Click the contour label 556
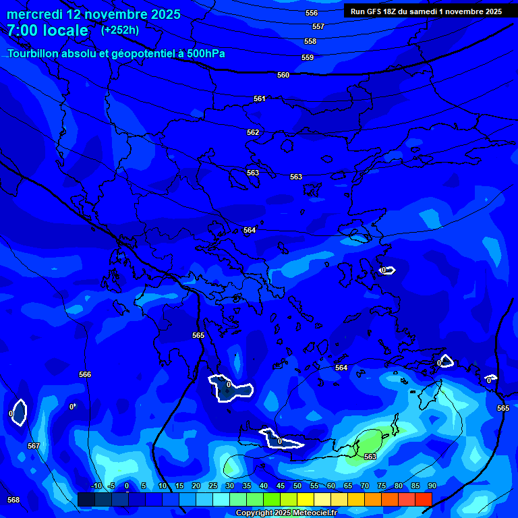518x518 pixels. click(x=312, y=13)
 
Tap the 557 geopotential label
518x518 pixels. click(x=318, y=26)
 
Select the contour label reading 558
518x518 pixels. click(x=310, y=41)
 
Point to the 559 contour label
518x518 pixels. click(x=308, y=57)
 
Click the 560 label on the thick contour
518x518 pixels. click(x=283, y=75)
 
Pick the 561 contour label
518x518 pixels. click(x=260, y=98)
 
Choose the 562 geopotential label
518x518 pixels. click(x=253, y=132)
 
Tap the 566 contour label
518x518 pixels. click(x=85, y=374)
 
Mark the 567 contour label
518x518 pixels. click(x=34, y=446)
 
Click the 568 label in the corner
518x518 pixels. click(x=13, y=500)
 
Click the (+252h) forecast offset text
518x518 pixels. click(x=120, y=30)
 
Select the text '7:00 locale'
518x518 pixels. click(x=47, y=30)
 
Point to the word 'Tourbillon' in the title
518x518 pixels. click(x=34, y=53)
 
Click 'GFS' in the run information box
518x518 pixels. click(x=375, y=11)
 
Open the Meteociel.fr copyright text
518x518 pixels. click(x=286, y=513)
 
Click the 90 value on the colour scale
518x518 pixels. click(x=432, y=486)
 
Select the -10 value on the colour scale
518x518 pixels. click(x=96, y=486)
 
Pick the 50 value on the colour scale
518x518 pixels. click(x=297, y=486)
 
